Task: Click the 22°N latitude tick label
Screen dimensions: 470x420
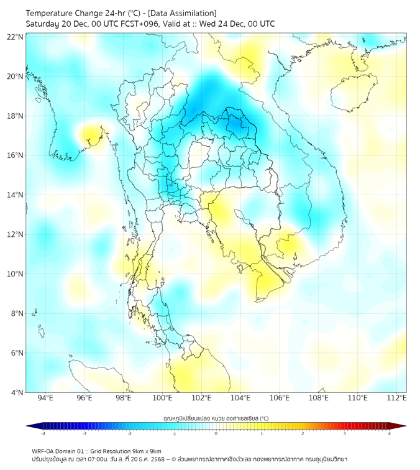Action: (16, 37)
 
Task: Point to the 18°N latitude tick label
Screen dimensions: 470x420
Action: (16, 116)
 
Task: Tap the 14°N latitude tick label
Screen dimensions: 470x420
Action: (16, 195)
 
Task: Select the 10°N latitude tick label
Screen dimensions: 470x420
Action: (16, 274)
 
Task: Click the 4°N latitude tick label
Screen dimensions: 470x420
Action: (17, 392)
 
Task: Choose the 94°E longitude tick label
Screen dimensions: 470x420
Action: (45, 399)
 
